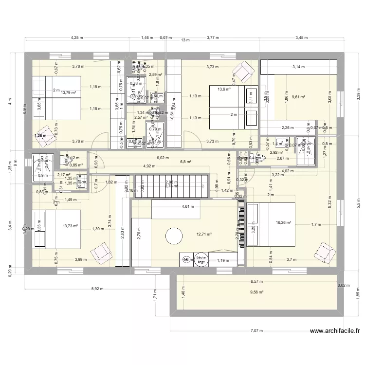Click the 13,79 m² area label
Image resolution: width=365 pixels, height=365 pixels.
[68, 92]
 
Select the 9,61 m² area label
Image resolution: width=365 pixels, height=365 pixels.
[298, 97]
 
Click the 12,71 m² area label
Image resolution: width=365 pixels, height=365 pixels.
[204, 234]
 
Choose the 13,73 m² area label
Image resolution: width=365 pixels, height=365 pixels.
[70, 226]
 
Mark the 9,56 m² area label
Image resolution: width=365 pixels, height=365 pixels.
[256, 292]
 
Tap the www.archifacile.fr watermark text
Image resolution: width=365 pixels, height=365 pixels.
[335, 332]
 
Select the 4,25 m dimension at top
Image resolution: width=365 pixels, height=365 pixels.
[77, 37]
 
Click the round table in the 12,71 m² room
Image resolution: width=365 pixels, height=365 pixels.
[174, 237]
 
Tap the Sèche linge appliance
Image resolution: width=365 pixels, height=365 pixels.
[200, 259]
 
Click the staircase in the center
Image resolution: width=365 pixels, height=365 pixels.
[173, 185]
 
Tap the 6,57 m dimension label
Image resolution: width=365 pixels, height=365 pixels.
[256, 281]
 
